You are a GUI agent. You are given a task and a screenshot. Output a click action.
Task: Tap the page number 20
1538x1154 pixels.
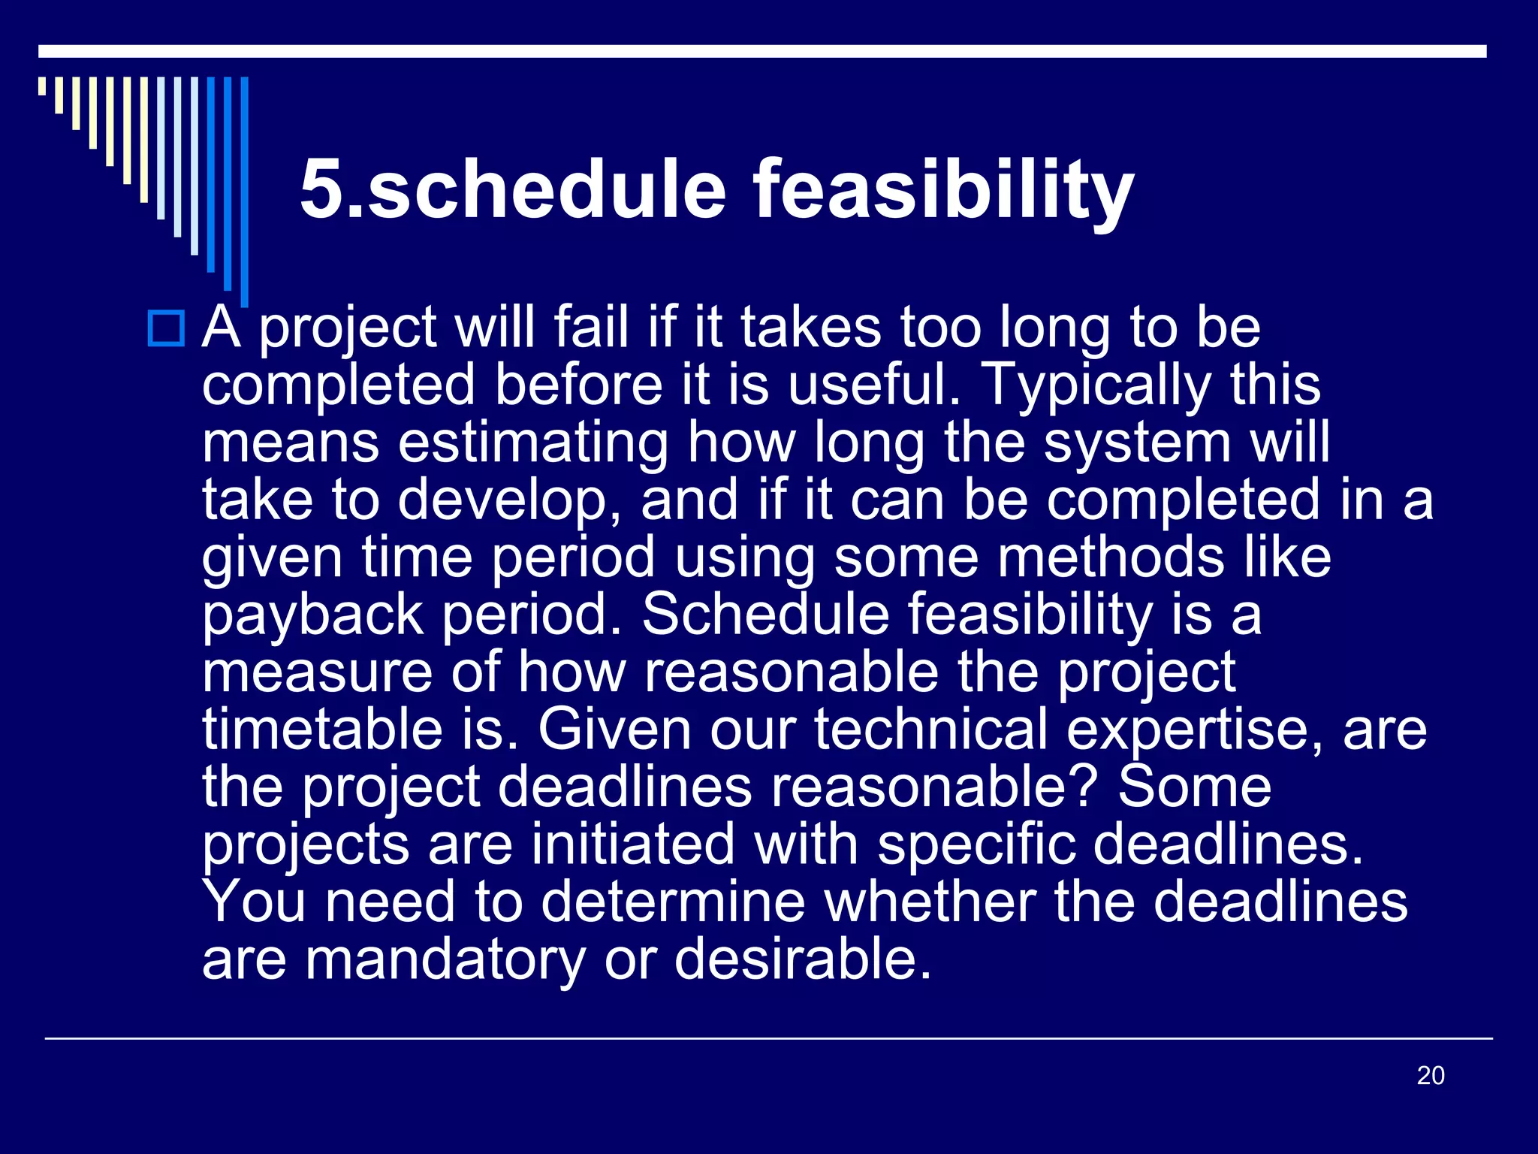tap(1430, 1075)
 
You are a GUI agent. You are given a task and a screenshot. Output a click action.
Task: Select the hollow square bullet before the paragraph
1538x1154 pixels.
tap(166, 328)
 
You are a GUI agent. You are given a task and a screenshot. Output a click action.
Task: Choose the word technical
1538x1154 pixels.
tap(930, 730)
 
